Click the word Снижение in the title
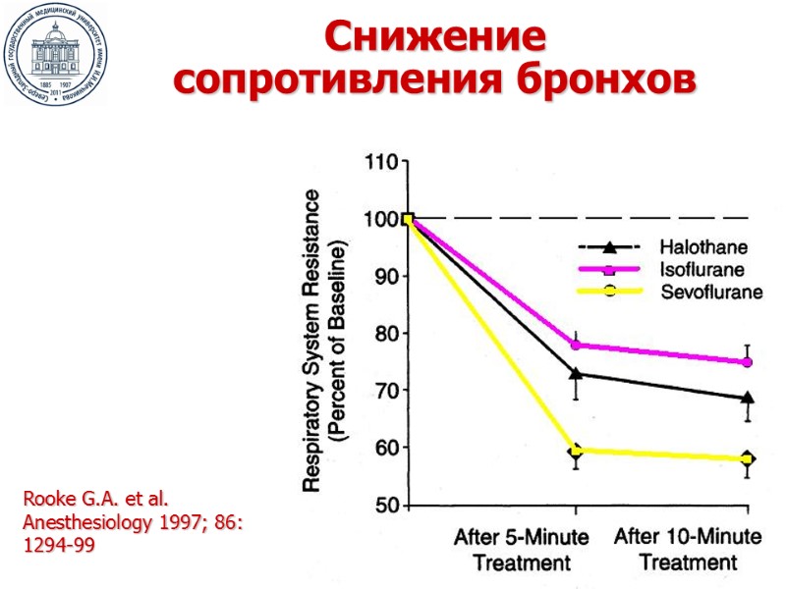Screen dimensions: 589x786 (x=434, y=38)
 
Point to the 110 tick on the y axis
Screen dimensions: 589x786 (x=380, y=161)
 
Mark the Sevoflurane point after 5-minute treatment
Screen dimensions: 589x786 (x=576, y=451)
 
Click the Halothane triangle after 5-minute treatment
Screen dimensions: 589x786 (x=576, y=373)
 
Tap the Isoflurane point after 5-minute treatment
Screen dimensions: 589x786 (x=576, y=345)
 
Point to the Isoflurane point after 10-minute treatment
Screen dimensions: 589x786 (x=748, y=362)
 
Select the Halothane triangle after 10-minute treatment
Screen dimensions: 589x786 (x=748, y=398)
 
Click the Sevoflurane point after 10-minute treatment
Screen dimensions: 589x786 (x=748, y=458)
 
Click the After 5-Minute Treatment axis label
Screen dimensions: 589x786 (x=522, y=550)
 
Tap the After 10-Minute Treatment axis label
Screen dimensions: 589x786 (x=688, y=550)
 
